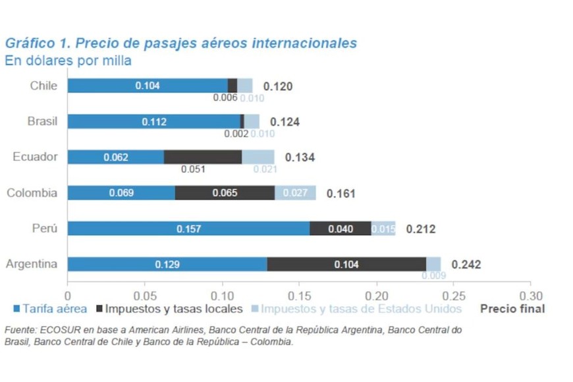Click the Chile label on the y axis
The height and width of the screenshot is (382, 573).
pos(43,86)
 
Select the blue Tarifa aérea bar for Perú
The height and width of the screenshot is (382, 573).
pos(188,229)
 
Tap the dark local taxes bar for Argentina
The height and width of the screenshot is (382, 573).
pos(346,264)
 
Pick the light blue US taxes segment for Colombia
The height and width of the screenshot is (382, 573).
pos(295,193)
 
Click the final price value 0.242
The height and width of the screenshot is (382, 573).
pos(466,265)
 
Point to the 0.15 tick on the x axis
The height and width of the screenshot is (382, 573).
pos(299,296)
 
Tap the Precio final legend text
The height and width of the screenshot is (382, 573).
pos(512,308)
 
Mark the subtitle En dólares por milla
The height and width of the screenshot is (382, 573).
pos(68,61)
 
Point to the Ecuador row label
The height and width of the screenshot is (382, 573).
pos(35,157)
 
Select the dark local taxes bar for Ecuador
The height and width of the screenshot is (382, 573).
pos(203,157)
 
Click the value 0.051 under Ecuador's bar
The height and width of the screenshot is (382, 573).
pos(193,169)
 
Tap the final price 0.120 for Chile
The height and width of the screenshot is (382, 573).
pos(277,86)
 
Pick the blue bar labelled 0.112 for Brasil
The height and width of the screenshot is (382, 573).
pos(155,121)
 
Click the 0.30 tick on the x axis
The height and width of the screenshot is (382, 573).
pos(530,296)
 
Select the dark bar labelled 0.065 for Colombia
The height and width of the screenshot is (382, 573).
pos(225,193)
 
